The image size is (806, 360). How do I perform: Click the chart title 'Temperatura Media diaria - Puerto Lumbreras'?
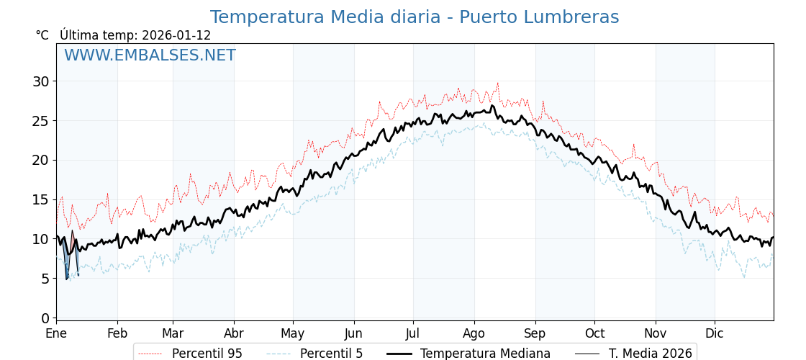click(x=414, y=17)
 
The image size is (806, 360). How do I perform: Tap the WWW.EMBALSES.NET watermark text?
click(x=150, y=55)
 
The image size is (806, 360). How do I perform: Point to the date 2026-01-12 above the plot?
click(x=176, y=35)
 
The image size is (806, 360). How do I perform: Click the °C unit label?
click(x=42, y=35)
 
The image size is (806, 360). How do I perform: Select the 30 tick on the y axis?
click(x=40, y=81)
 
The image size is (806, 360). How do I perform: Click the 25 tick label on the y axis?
click(x=40, y=121)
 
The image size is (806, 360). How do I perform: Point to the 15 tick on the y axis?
click(x=40, y=199)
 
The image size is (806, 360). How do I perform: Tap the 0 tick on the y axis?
click(x=45, y=318)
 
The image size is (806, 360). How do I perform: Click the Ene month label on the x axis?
click(x=56, y=334)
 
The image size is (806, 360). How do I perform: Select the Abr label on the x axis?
click(x=234, y=334)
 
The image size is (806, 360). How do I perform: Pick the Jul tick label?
click(x=413, y=334)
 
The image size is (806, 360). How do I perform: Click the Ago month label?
click(x=474, y=334)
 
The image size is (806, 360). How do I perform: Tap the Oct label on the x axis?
click(x=594, y=334)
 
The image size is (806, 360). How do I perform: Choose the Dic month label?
click(x=715, y=334)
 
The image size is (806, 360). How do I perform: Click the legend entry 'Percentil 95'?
click(x=207, y=354)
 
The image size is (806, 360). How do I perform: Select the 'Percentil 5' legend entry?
click(x=331, y=354)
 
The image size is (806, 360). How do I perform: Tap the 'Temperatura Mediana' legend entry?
click(x=485, y=354)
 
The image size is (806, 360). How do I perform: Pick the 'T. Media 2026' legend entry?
click(x=650, y=354)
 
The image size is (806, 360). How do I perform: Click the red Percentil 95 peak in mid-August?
click(x=497, y=84)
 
